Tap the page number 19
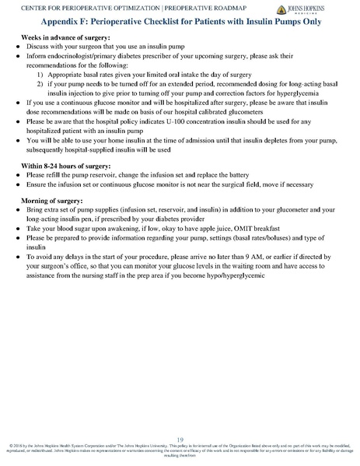(x=180, y=440)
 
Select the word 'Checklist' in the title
(x=166, y=23)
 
